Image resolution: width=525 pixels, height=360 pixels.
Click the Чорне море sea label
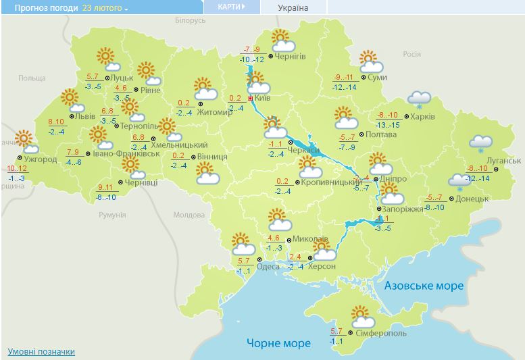click(278, 343)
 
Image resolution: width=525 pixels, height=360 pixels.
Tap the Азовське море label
click(424, 286)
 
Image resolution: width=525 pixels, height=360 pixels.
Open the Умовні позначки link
click(41, 352)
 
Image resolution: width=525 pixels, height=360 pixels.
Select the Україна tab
click(293, 7)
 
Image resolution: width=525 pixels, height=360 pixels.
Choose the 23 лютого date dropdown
click(106, 8)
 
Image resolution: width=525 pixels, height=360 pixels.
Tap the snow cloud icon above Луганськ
click(480, 143)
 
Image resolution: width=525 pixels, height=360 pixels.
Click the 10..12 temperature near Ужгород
click(17, 168)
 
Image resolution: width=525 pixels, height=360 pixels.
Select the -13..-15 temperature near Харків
click(387, 124)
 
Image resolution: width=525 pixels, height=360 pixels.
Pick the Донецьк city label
click(472, 199)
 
